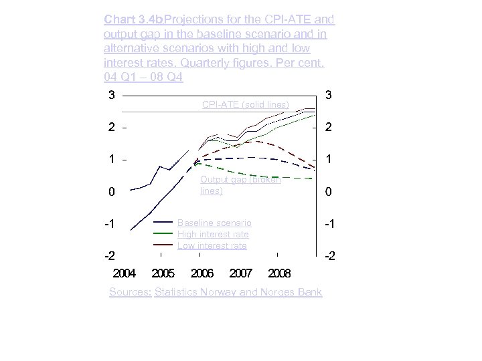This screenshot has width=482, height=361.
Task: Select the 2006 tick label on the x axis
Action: click(x=202, y=273)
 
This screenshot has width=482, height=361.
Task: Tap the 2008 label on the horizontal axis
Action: click(x=279, y=273)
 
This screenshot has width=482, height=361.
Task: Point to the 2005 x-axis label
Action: click(x=164, y=273)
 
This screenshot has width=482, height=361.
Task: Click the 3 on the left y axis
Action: click(x=112, y=95)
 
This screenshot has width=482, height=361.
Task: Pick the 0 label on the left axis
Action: click(x=112, y=192)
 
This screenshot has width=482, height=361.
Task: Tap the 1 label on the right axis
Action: click(x=328, y=159)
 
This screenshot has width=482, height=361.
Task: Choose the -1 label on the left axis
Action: click(x=110, y=223)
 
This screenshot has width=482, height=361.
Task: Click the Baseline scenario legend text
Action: click(x=214, y=223)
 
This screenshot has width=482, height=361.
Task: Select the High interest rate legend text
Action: click(x=213, y=234)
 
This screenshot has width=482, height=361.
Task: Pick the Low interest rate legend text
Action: click(x=212, y=245)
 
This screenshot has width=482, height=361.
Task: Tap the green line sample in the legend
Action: click(x=163, y=234)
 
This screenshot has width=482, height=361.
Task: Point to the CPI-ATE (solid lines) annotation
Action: click(x=246, y=104)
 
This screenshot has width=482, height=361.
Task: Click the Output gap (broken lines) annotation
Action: click(x=240, y=185)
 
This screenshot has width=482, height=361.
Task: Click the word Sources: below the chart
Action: click(x=130, y=292)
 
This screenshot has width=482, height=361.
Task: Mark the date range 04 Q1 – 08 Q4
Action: click(x=143, y=79)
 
